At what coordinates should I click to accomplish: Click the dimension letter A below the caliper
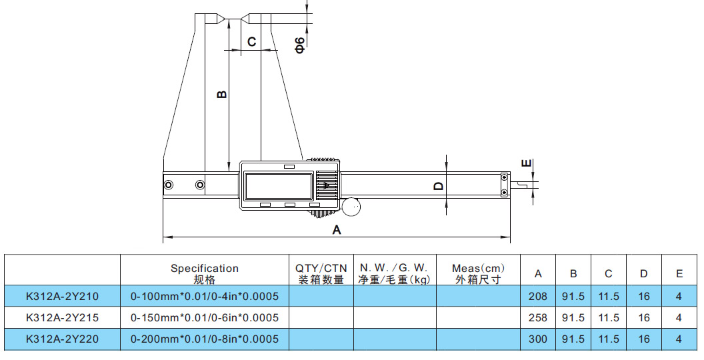[x=337, y=230]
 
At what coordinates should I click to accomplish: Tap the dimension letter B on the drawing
[x=223, y=94]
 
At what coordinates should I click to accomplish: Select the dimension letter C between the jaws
[x=251, y=42]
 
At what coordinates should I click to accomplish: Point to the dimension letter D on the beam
[x=438, y=186]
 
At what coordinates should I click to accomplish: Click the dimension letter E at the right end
[x=526, y=163]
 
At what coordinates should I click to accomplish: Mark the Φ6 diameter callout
[x=300, y=45]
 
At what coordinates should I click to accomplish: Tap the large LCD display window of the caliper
[x=279, y=185]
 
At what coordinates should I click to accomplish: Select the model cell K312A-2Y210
[x=62, y=296]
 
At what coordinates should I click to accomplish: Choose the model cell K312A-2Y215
[x=62, y=317]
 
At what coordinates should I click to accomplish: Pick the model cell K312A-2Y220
[x=62, y=339]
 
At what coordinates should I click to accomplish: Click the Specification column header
[x=204, y=273]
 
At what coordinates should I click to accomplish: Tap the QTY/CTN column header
[x=321, y=273]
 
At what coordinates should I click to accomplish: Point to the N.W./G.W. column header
[x=395, y=273]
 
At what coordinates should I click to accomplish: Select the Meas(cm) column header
[x=478, y=273]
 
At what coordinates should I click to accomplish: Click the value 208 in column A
[x=537, y=296]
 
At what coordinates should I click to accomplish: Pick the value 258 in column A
[x=537, y=317]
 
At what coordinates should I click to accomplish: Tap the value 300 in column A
[x=537, y=339]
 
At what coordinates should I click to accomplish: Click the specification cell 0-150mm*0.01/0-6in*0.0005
[x=205, y=317]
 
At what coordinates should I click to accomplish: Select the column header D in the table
[x=643, y=273]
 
